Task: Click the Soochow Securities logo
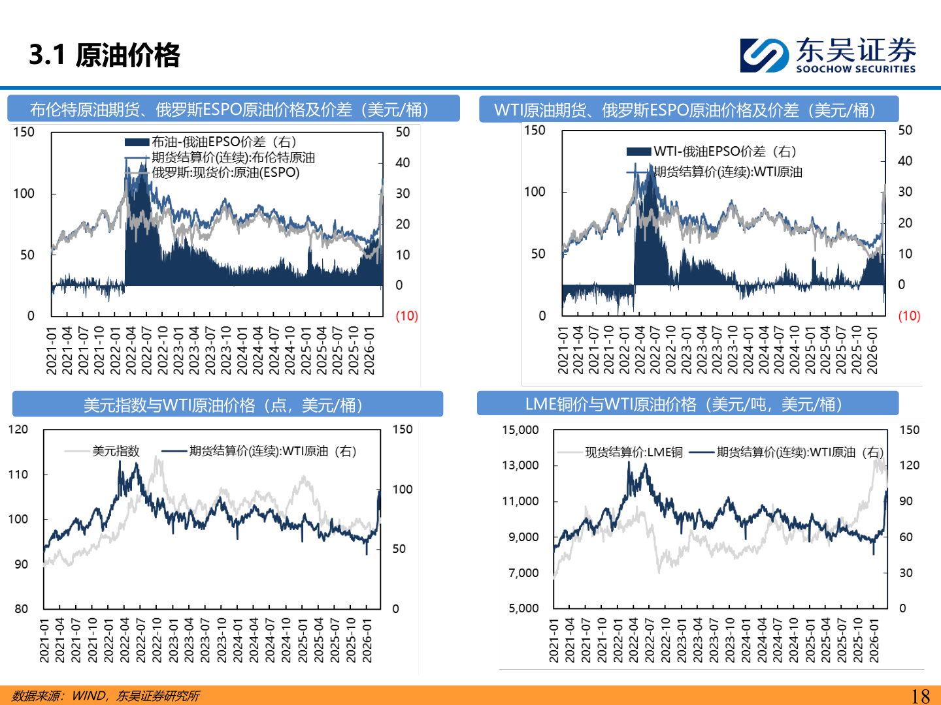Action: click(827, 55)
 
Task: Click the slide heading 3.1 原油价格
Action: click(105, 55)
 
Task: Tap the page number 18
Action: click(920, 696)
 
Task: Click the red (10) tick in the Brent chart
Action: click(406, 316)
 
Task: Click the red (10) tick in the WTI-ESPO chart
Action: click(909, 316)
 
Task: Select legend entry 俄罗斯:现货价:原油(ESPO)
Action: click(225, 173)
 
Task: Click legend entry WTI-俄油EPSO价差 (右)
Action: click(725, 151)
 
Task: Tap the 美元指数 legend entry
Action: click(116, 451)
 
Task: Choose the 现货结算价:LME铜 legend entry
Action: click(633, 452)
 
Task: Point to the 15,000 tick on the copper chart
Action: click(520, 430)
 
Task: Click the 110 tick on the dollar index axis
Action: click(18, 475)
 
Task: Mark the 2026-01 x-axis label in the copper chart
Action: click(874, 641)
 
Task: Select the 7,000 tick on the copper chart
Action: click(523, 573)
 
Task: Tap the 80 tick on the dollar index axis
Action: click(21, 609)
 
